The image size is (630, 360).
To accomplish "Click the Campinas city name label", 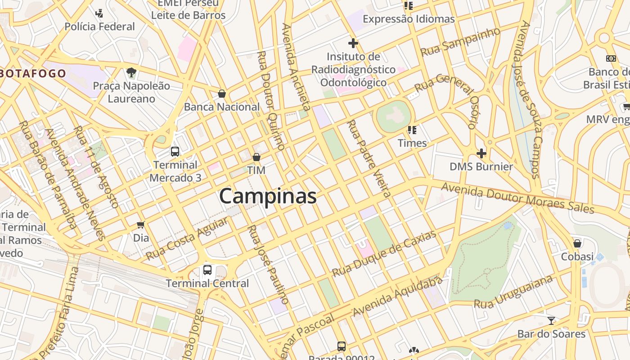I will point(268,197).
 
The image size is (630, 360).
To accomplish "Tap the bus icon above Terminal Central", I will point(207,270).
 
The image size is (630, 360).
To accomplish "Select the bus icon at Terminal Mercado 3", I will point(175,152).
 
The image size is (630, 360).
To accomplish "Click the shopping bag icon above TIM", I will point(256,157).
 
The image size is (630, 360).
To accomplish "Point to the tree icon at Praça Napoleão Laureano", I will point(131,72).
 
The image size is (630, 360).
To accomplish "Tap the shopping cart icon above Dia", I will point(141,224).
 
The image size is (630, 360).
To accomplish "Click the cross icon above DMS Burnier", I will point(481,153).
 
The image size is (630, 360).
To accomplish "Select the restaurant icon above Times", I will point(412,130).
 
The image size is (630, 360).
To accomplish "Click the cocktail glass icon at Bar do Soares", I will point(551,320).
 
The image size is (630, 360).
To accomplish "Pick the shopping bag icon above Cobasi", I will point(577,243).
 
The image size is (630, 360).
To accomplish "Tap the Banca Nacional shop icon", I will point(221,94).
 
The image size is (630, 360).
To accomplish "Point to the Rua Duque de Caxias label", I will point(384,254).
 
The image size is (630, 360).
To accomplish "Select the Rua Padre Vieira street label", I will point(368,158).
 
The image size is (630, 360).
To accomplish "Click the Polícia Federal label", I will point(99,27).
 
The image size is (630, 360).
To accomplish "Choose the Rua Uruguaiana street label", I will point(513,292).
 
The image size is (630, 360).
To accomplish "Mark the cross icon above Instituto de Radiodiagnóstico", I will point(353,43).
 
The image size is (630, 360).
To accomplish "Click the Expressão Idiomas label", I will point(409,19).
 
